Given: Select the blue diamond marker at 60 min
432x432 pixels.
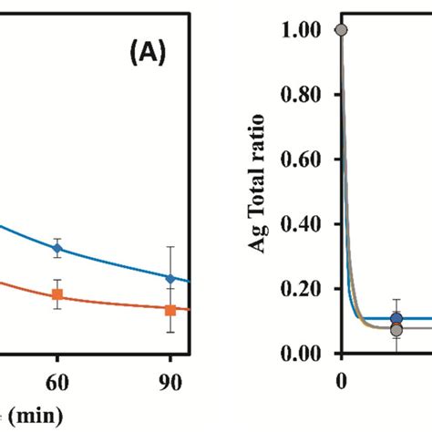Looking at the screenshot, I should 57,247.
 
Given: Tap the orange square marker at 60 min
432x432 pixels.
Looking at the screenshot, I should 57,294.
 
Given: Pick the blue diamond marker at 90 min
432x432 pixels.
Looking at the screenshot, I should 170,277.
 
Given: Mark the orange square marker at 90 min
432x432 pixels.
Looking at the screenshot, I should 170,310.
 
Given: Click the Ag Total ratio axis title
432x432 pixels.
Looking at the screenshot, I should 261,182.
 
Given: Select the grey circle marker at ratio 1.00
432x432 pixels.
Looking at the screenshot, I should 341,30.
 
